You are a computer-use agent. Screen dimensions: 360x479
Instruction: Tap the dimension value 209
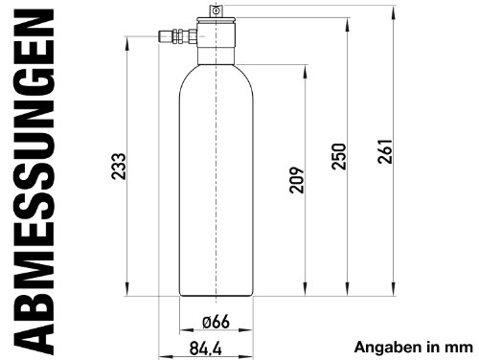[x=295, y=181]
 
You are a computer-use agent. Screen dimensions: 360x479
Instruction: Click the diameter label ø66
[x=215, y=320]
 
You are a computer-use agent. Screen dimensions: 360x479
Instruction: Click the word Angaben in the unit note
[x=388, y=347]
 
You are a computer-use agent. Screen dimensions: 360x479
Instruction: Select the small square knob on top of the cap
[x=217, y=10]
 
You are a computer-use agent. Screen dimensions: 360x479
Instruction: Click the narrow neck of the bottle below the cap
[x=217, y=56]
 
